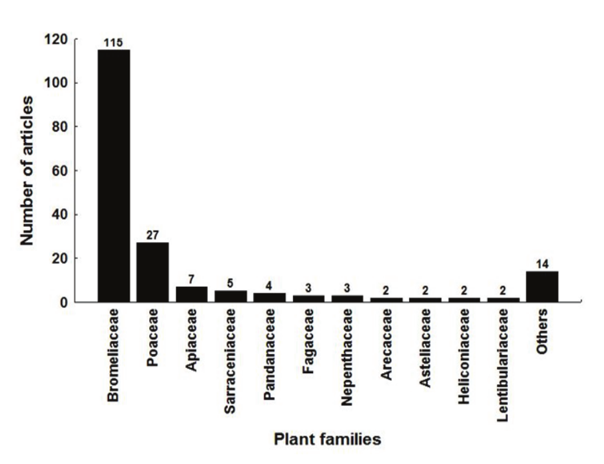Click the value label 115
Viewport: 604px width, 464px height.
(x=114, y=43)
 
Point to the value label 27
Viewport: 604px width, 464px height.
(x=152, y=236)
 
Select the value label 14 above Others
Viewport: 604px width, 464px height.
(x=541, y=264)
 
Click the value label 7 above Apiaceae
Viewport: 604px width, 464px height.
(x=192, y=280)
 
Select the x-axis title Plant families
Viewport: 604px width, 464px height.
(x=327, y=440)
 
